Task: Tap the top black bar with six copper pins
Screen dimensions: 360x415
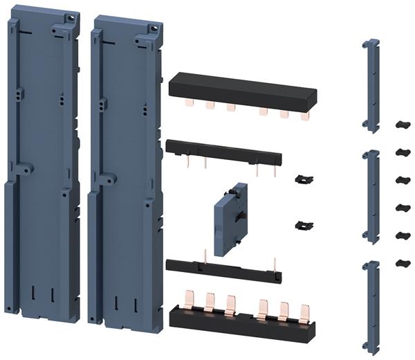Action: point(242,89)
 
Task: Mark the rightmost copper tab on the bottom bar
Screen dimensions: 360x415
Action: point(304,312)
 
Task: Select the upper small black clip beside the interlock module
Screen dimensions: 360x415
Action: point(300,179)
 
